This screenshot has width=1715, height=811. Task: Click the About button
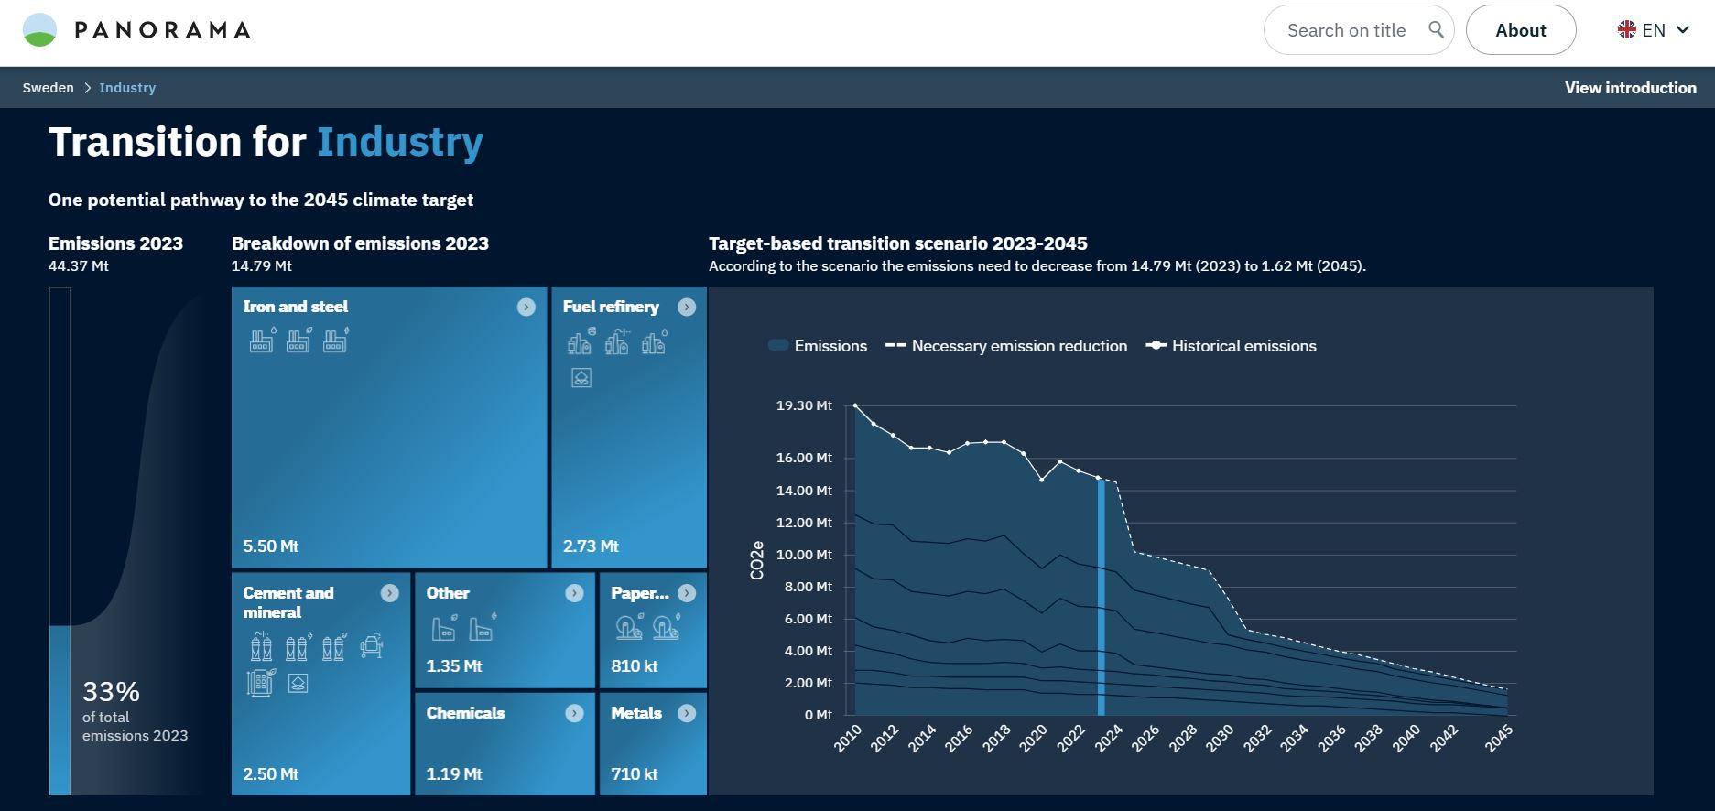point(1520,30)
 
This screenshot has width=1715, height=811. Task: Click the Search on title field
point(1346,30)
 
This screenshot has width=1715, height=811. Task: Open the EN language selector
point(1653,30)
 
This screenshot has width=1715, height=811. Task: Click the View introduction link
point(1630,88)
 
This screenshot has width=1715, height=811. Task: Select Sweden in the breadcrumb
point(49,88)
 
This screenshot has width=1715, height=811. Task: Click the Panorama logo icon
point(39,30)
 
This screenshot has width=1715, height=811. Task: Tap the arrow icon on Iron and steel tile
point(526,307)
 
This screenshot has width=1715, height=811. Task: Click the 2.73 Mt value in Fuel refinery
point(591,546)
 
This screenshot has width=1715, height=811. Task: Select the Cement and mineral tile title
point(288,602)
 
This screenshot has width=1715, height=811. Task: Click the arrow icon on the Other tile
point(574,593)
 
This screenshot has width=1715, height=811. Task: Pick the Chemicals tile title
point(465,713)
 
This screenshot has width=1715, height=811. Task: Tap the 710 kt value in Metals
point(634,774)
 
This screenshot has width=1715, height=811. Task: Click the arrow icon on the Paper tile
point(687,593)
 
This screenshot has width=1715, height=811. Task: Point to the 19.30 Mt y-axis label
point(804,405)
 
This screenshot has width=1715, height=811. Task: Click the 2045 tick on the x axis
point(1498,738)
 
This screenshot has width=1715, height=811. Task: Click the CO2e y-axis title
point(757,560)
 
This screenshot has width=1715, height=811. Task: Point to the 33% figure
point(111,691)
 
